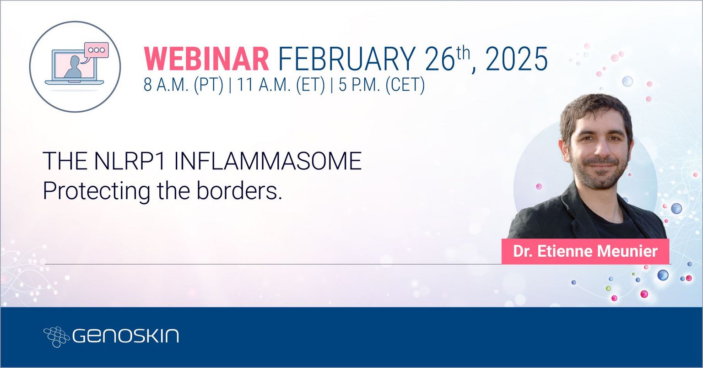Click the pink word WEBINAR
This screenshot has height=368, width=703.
[x=206, y=59]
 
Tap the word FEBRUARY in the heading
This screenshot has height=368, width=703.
[x=347, y=59]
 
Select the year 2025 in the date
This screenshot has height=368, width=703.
[x=517, y=59]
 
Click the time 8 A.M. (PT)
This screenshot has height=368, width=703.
[x=184, y=85]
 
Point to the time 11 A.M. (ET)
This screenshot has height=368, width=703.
[x=281, y=85]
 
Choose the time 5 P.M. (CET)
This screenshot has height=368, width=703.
[x=382, y=85]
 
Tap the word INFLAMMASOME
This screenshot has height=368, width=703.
[x=267, y=161]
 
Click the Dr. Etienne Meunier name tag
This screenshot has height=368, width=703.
[x=585, y=251]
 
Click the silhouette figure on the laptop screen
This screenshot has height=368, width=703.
[x=73, y=67]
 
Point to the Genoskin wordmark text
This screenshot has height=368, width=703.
[x=125, y=336]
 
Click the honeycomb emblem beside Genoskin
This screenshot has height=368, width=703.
[x=56, y=336]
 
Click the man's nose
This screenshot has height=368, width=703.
[x=600, y=148]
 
